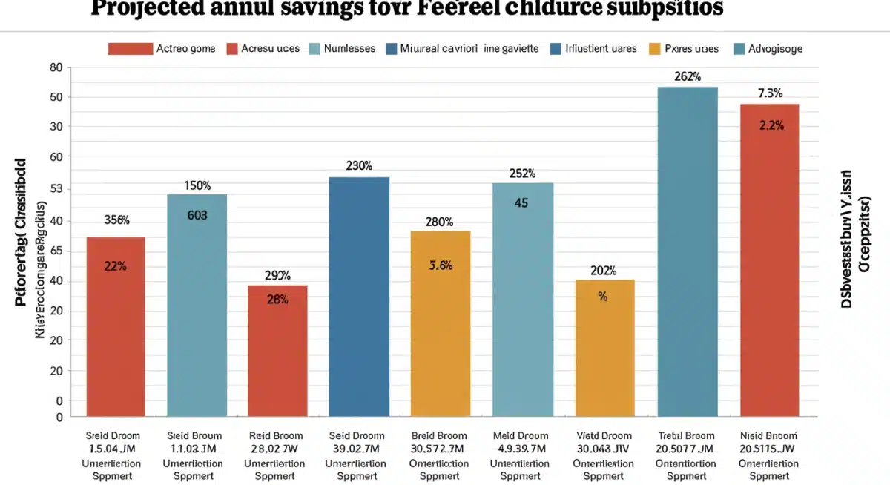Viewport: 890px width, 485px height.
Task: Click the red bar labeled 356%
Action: click(x=116, y=326)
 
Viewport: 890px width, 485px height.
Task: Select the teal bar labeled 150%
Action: click(x=197, y=304)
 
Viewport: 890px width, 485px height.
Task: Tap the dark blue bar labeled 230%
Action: click(x=359, y=297)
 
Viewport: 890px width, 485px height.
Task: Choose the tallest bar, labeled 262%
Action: click(x=688, y=252)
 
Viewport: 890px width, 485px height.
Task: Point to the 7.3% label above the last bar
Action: click(x=770, y=93)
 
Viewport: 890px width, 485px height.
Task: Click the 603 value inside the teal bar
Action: click(x=197, y=216)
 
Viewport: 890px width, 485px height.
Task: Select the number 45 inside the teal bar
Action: click(x=521, y=202)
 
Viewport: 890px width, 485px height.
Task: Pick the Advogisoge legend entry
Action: click(x=775, y=49)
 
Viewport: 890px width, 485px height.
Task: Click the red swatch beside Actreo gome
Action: click(x=130, y=49)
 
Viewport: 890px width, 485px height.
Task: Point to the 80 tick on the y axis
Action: click(x=56, y=67)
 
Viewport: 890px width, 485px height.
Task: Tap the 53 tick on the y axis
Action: click(x=56, y=190)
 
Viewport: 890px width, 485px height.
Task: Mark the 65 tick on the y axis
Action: click(x=56, y=252)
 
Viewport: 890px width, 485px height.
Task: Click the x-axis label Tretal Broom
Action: click(x=687, y=435)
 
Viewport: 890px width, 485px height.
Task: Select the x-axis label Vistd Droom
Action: click(x=605, y=435)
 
